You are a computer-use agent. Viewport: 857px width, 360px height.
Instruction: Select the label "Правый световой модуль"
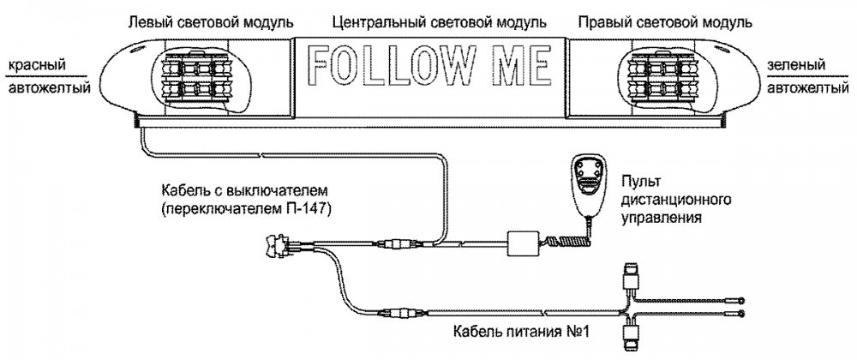pos(665,21)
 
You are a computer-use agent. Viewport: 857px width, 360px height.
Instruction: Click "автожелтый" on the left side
pos(39,87)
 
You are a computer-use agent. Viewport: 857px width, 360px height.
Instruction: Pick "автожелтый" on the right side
pos(805,87)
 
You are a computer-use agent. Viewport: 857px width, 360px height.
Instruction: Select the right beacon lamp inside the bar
pos(665,75)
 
